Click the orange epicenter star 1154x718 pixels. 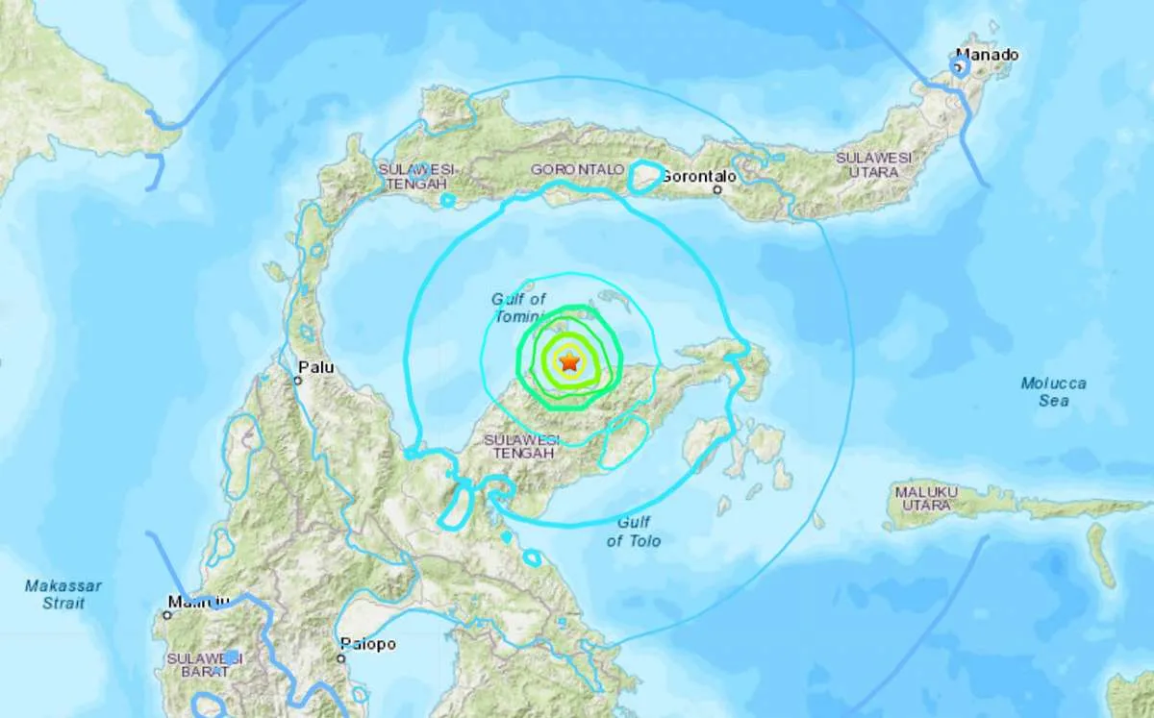click(x=569, y=362)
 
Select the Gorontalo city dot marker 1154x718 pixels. click(x=718, y=190)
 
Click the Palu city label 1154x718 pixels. click(x=314, y=366)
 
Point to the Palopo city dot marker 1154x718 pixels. click(x=341, y=658)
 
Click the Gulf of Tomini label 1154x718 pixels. click(x=519, y=308)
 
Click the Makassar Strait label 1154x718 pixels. click(x=63, y=593)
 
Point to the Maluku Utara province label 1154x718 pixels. click(x=926, y=498)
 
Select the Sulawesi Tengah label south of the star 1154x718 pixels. click(x=520, y=446)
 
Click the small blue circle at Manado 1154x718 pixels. click(x=959, y=66)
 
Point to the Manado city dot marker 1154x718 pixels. click(x=959, y=66)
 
